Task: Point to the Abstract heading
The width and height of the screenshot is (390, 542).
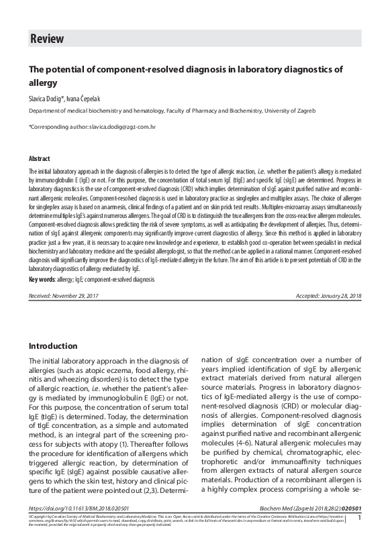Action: click(39, 159)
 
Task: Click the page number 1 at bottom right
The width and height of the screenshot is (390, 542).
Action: click(360, 518)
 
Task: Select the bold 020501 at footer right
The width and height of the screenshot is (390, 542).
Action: click(350, 508)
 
